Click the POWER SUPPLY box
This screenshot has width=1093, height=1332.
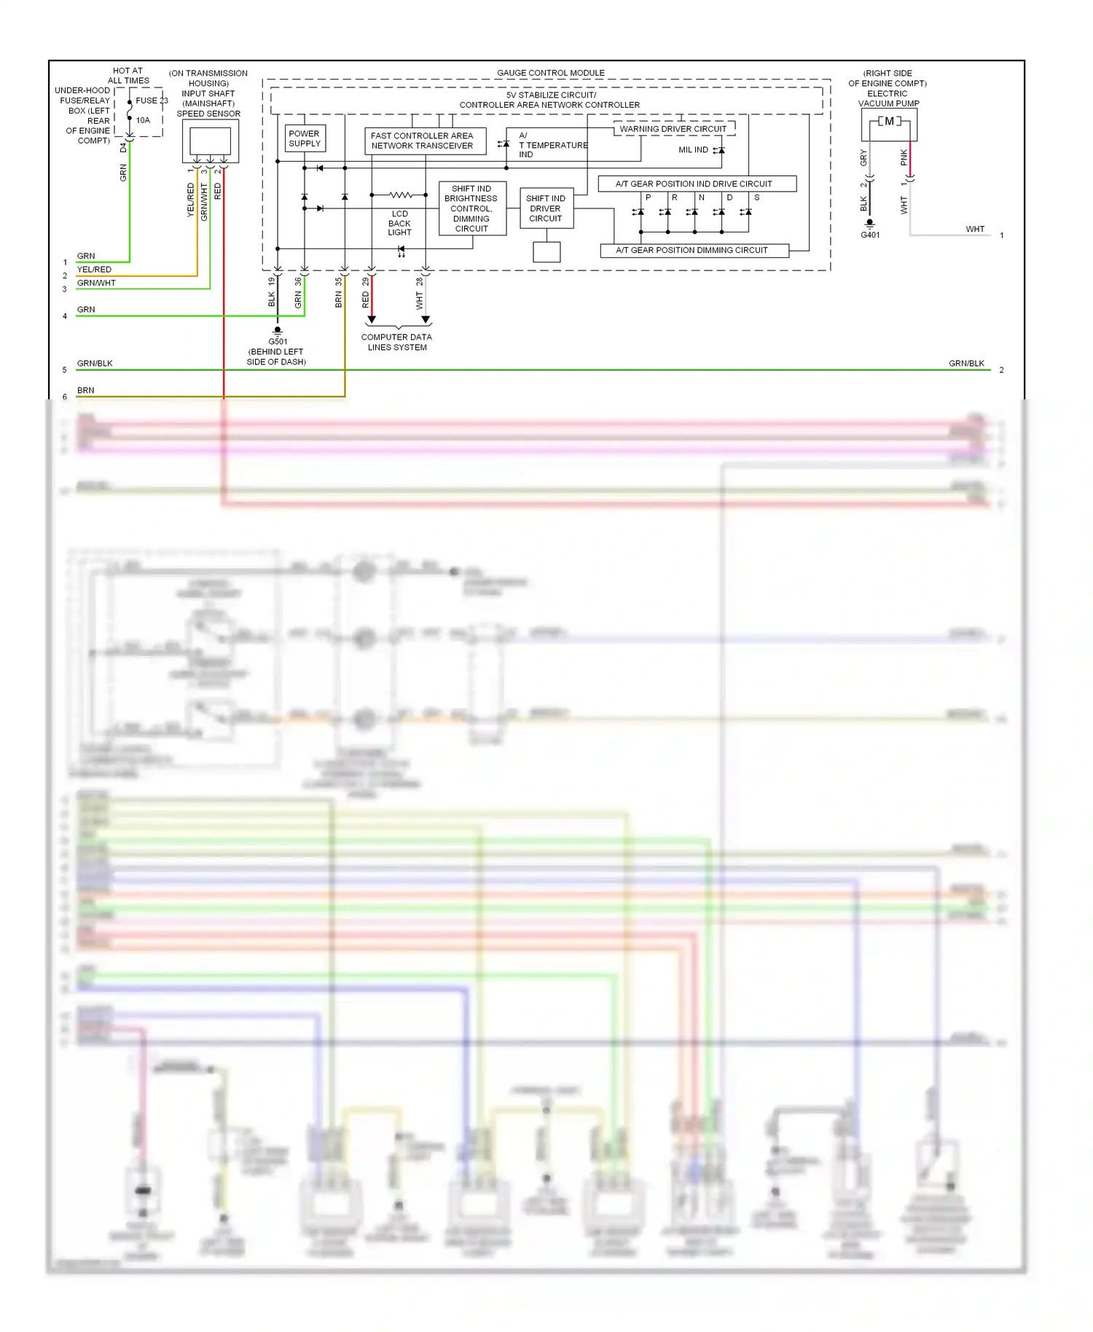(305, 138)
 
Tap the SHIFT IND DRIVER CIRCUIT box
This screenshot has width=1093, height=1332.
(546, 208)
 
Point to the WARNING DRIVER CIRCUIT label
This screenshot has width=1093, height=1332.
(673, 129)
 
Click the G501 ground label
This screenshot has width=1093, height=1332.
(278, 341)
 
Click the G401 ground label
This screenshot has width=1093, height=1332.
(870, 235)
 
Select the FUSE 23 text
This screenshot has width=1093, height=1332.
(151, 101)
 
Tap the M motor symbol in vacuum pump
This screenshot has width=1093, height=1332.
(889, 122)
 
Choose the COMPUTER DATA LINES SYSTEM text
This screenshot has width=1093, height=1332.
(397, 342)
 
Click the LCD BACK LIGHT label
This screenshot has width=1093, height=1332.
(399, 223)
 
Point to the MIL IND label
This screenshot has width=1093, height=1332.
(693, 150)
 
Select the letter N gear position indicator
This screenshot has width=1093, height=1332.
(701, 197)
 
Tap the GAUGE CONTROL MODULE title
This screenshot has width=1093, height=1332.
(551, 73)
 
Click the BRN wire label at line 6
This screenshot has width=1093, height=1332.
(86, 390)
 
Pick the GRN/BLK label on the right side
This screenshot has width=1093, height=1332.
(966, 363)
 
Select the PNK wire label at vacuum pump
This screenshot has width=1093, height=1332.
(904, 157)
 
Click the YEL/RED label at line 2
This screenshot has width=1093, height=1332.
(95, 270)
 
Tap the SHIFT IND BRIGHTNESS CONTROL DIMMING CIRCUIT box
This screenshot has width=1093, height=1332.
(471, 208)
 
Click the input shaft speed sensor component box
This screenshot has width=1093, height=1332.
(210, 141)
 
